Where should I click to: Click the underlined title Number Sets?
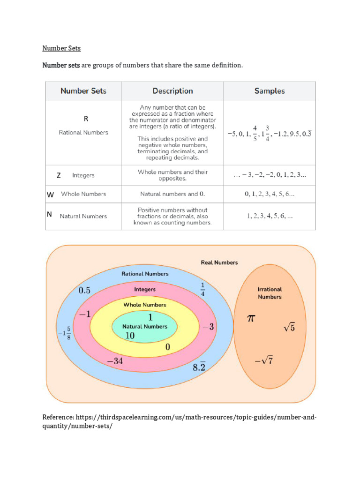[61, 48]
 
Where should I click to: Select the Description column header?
[172, 91]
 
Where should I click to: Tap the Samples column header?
[270, 91]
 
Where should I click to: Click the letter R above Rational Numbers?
[86, 119]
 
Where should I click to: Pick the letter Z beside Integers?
[59, 175]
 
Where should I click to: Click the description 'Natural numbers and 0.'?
[172, 194]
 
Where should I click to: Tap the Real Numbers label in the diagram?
[219, 262]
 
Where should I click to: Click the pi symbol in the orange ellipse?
[251, 319]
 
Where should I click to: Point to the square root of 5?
[289, 328]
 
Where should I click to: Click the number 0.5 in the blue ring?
[84, 290]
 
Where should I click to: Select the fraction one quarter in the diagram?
[202, 290]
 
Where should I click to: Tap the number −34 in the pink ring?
[115, 361]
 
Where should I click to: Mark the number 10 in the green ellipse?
[130, 336]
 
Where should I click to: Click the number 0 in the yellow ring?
[167, 347]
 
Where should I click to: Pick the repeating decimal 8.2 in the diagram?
[199, 367]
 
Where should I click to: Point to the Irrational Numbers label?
[270, 293]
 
